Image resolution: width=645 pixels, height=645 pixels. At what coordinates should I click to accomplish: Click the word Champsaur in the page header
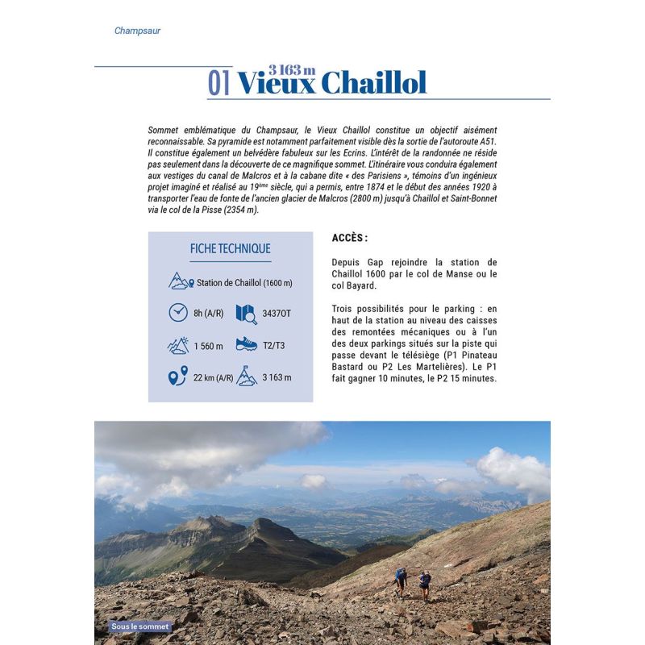click(x=137, y=31)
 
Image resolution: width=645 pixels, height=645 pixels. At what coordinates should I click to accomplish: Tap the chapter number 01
click(x=219, y=83)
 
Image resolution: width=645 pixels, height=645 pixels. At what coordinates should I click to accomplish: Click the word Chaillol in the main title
click(x=373, y=83)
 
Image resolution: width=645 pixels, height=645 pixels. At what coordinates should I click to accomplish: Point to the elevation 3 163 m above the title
click(x=292, y=69)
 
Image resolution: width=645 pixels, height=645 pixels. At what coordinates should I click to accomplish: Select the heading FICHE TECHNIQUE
click(x=230, y=249)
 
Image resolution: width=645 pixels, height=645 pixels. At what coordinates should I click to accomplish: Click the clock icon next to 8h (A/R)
click(x=178, y=312)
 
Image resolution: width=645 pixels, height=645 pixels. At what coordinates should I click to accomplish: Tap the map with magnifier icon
click(x=245, y=313)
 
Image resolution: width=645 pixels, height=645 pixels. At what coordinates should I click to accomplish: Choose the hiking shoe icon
click(x=245, y=344)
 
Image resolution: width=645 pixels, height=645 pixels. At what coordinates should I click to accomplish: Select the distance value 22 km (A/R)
click(x=214, y=377)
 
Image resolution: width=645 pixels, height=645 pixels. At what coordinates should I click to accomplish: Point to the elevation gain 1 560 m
click(x=208, y=345)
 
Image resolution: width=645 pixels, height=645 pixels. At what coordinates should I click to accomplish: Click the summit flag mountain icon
click(x=246, y=377)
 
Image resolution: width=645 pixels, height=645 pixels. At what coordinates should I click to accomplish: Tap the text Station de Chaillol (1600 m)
click(x=244, y=283)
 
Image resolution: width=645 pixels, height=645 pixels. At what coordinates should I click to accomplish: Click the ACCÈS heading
click(x=349, y=239)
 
